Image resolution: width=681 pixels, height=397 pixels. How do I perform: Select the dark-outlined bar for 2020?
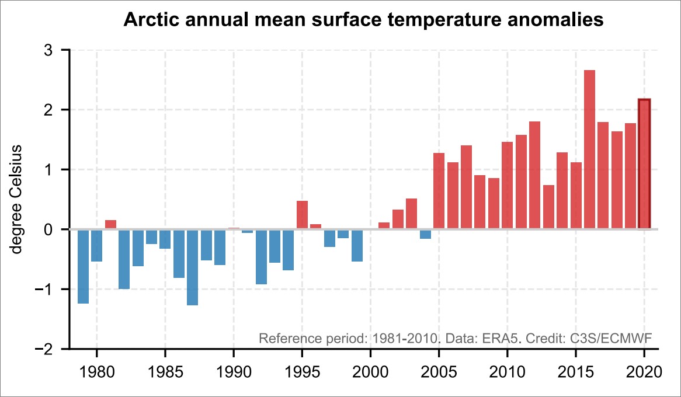[644, 164]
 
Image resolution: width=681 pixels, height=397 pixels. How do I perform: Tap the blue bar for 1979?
[83, 266]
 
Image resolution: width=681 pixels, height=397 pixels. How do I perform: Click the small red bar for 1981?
[110, 225]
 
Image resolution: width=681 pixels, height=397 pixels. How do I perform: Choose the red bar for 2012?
[535, 175]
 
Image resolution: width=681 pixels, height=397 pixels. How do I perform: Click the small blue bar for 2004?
[426, 234]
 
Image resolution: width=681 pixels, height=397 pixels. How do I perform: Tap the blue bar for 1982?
[124, 259]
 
